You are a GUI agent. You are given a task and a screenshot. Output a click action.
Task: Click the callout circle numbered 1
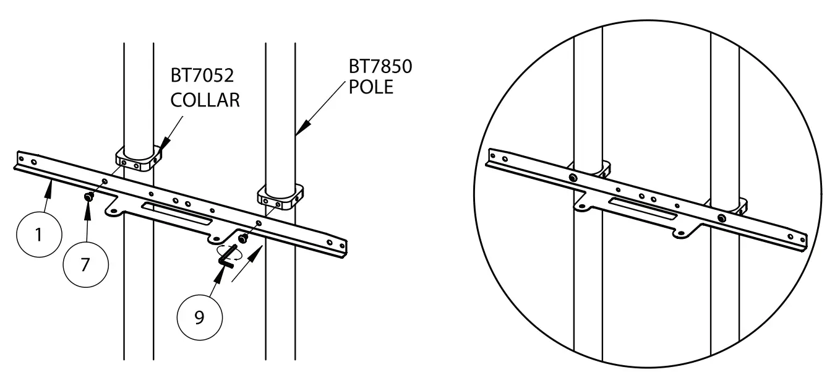pyautogui.click(x=38, y=236)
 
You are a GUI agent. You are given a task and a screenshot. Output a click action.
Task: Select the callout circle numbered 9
pyautogui.click(x=200, y=317)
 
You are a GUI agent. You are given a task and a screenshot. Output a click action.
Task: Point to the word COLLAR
pyautogui.click(x=205, y=100)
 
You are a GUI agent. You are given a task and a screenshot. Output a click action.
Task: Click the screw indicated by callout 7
pyautogui.click(x=88, y=196)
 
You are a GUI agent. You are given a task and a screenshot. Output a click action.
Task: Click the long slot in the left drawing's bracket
pyautogui.click(x=177, y=212)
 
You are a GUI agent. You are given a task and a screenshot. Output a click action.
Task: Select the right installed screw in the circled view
pyautogui.click(x=721, y=218)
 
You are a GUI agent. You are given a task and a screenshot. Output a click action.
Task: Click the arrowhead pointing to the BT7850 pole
pyautogui.click(x=299, y=130)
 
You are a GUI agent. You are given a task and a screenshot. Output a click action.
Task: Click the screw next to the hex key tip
pyautogui.click(x=242, y=236)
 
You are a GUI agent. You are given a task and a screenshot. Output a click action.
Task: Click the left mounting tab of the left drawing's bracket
pyautogui.click(x=113, y=210)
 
